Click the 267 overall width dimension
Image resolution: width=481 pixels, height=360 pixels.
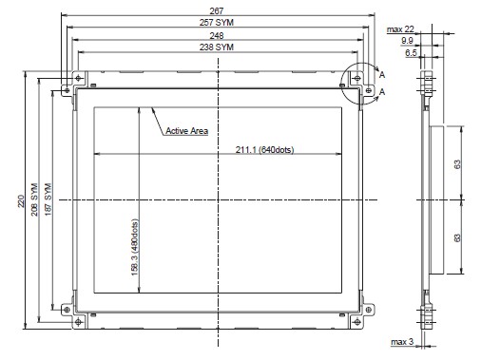point(217,11)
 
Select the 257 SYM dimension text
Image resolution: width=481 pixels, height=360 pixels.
point(217,23)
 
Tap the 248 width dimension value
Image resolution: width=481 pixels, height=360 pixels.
point(217,35)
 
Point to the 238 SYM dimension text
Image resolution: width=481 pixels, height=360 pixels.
point(217,47)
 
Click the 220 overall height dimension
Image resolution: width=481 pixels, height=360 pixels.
point(21,201)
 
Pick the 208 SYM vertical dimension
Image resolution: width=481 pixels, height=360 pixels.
point(34,199)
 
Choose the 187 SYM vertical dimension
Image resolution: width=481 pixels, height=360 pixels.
point(48,199)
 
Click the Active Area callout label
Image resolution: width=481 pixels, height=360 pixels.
point(187,131)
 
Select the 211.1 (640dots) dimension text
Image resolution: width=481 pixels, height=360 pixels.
point(264,149)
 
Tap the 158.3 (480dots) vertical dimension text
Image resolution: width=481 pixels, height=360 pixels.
point(135,247)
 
